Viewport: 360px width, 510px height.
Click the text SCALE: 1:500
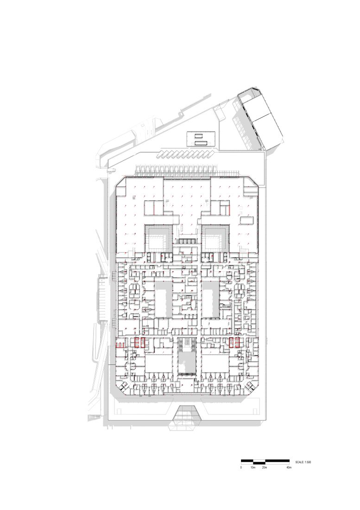point(303,462)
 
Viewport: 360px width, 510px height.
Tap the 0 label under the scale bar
point(241,468)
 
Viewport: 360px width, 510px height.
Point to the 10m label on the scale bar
point(253,468)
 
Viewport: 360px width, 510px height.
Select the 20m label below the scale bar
point(265,468)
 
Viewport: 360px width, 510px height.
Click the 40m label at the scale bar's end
point(289,468)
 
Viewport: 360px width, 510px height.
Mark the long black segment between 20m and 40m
point(277,461)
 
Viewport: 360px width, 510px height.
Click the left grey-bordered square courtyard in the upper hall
point(158,237)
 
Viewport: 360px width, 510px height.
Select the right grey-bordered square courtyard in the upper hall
point(217,237)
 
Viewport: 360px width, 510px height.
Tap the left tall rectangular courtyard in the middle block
point(163,299)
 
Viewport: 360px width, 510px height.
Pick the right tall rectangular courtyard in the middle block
point(212,299)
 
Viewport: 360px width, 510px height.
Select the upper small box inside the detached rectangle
point(198,136)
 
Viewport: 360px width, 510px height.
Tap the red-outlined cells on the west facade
point(120,345)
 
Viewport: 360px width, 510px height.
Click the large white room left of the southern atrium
point(158,363)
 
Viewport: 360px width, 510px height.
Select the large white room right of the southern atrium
point(216,363)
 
